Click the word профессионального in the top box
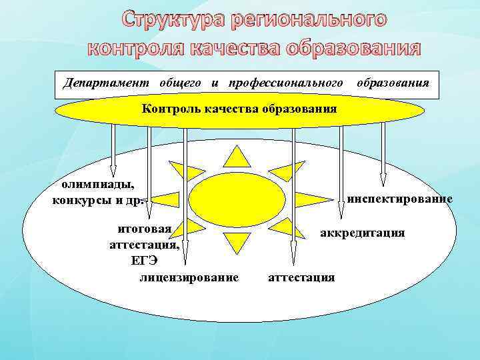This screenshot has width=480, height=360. (x=286, y=83)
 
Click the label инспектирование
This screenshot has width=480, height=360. (x=400, y=199)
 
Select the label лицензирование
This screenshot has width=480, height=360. (x=189, y=277)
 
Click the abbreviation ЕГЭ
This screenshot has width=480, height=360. (x=144, y=260)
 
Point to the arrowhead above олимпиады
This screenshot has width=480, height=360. (x=114, y=170)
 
